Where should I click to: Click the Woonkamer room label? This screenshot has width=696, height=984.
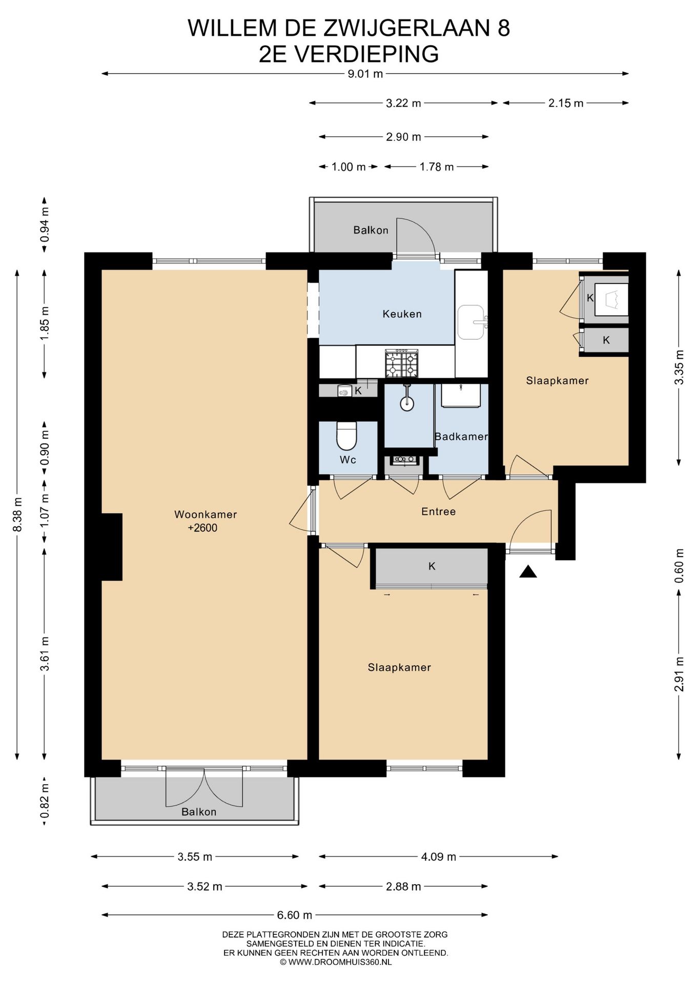pos(206,514)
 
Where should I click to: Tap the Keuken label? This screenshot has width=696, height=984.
pos(402,314)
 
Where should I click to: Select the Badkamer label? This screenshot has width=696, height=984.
pos(461,436)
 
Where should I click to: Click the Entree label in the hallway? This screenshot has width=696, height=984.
pos(438,511)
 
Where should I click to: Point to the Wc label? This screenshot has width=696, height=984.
pos(348,459)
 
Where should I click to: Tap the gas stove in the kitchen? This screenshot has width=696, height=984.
pos(402,363)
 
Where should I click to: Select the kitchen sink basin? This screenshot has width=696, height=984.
pos(470,322)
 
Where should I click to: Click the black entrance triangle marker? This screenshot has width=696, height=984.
pos(528,571)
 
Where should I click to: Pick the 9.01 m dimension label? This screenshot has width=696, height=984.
pos(365,74)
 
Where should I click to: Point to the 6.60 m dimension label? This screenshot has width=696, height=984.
pos(295,915)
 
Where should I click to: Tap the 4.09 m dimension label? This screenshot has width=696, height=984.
pos(439,856)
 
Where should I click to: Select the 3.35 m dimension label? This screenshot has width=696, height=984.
pos(679,367)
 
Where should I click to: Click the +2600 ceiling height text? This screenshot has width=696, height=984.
pos(202,528)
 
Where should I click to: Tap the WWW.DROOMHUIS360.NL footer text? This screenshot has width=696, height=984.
pos(340,962)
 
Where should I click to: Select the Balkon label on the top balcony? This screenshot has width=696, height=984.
pos(371,230)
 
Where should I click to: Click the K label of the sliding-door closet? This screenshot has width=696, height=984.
pos(432,566)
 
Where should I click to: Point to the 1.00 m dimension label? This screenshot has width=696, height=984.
pos(349,167)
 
